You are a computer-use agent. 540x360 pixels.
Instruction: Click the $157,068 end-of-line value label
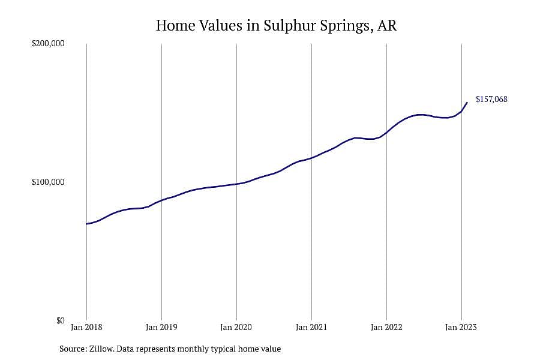[491, 99]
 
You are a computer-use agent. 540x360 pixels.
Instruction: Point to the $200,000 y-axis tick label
[48, 43]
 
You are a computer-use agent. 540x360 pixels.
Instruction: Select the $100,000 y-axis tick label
[48, 182]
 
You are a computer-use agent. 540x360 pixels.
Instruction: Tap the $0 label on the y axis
[60, 321]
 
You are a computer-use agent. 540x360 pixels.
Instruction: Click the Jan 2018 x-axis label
[86, 327]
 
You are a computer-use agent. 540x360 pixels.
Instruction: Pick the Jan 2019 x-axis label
[161, 327]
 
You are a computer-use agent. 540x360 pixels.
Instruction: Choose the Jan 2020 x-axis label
[236, 327]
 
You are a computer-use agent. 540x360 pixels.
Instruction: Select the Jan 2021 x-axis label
[311, 327]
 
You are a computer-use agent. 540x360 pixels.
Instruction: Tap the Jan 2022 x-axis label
[386, 327]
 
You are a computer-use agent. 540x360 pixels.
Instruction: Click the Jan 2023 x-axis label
[461, 327]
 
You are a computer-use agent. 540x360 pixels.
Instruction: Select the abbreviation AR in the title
[387, 26]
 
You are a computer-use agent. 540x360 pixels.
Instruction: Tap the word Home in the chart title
[176, 26]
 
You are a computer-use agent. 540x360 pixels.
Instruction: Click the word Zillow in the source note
[101, 349]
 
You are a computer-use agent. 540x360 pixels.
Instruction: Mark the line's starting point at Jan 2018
[86, 224]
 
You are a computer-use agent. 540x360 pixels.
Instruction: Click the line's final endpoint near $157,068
[467, 103]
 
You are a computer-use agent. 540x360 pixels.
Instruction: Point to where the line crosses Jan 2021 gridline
[311, 158]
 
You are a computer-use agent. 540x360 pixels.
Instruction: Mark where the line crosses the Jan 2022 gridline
[387, 133]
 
